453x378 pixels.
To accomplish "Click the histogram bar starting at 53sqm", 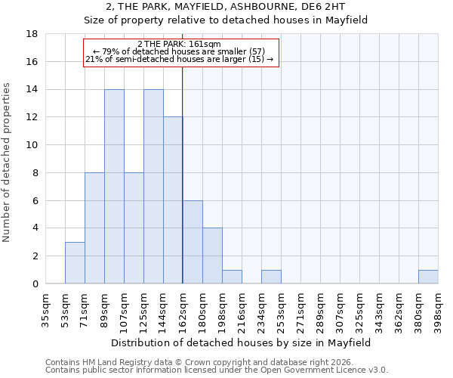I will [75, 262].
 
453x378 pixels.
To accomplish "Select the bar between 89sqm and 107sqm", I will [114, 186].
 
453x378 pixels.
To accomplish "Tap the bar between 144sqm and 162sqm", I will [173, 200].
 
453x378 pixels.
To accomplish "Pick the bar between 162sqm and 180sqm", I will [193, 242].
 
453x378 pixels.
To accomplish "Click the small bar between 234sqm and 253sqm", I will [271, 277].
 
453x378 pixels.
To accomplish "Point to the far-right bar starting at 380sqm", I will [428, 277].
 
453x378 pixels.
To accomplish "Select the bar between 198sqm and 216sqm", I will [232, 277].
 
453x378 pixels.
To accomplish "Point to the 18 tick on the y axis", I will [32, 34].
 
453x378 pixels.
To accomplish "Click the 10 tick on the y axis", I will [32, 145].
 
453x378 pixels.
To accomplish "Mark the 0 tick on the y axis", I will [35, 283].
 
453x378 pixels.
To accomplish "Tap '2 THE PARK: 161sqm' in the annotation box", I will [180, 45].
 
